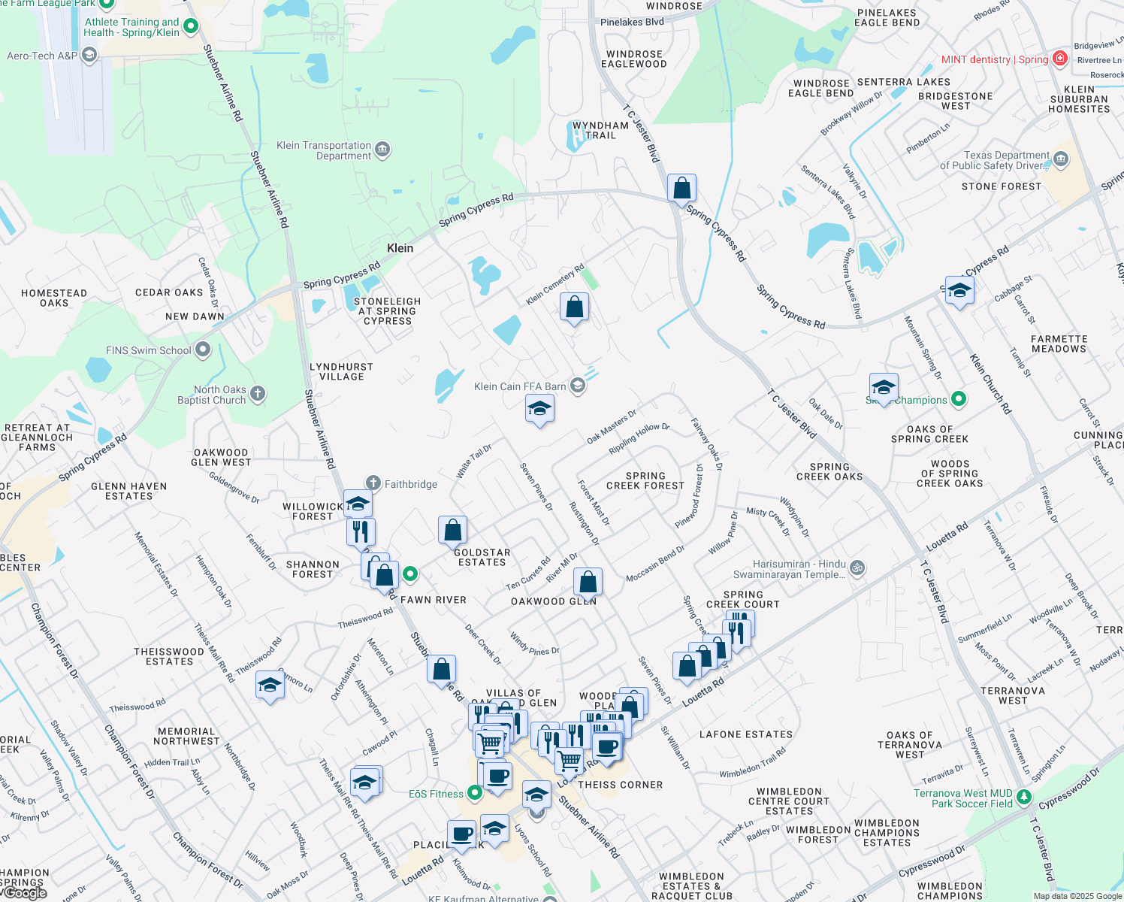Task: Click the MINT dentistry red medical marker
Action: [1059, 59]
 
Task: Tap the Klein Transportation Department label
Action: [324, 150]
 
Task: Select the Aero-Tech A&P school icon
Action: [89, 56]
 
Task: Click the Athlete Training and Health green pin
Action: [191, 26]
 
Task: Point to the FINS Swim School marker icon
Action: [202, 350]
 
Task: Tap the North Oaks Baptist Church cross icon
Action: [258, 394]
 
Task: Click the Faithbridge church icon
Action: [373, 483]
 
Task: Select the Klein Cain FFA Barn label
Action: [520, 386]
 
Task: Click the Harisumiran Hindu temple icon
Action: [858, 568]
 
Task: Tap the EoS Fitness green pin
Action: [474, 793]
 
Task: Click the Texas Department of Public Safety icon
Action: [1061, 159]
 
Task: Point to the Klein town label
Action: [400, 248]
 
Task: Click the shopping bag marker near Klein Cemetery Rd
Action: [574, 307]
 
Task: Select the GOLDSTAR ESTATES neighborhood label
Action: [482, 557]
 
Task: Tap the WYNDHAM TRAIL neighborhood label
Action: [600, 130]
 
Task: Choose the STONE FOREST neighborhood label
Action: [1002, 186]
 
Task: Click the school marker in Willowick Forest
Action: [358, 503]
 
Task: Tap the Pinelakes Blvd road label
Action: [632, 22]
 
